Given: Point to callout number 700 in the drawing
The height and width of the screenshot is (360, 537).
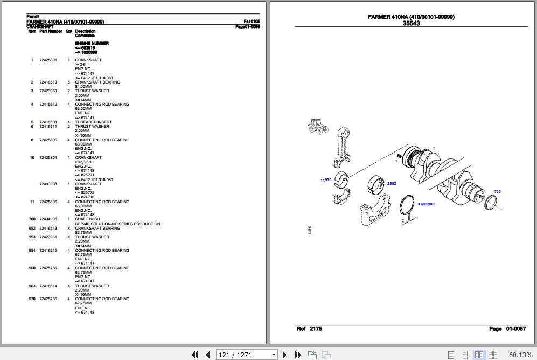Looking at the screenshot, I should click(497, 191).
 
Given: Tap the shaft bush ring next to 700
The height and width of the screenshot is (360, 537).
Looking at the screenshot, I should click(493, 204).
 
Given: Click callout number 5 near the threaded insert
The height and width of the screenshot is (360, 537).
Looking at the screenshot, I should click(396, 161).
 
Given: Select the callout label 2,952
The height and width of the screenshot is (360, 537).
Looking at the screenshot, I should click(391, 184).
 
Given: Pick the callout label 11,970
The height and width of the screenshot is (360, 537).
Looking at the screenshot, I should click(326, 180).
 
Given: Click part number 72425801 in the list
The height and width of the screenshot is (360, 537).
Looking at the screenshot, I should click(47, 60).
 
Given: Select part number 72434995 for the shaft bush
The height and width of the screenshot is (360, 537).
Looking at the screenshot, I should click(47, 219).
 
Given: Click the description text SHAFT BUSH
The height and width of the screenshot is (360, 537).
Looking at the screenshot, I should click(87, 219).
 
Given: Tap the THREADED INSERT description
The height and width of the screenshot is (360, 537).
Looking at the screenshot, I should click(93, 122).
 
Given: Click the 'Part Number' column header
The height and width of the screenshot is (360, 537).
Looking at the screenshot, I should click(51, 31).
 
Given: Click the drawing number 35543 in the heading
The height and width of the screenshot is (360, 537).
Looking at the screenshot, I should click(411, 23).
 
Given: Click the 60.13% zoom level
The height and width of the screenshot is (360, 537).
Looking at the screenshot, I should click(520, 355).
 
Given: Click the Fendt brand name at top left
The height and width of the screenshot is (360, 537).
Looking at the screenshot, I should click(32, 17).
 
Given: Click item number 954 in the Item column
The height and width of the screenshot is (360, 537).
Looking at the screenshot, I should click(32, 251).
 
